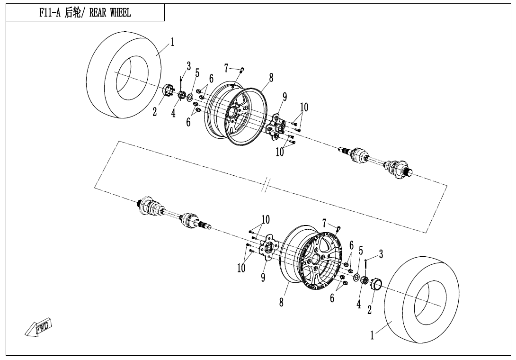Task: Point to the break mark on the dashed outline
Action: pyautogui.click(x=267, y=185)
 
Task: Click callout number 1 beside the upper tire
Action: pyautogui.click(x=172, y=42)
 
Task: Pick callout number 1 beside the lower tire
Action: pyautogui.click(x=372, y=335)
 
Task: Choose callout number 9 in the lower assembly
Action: pyautogui.click(x=263, y=278)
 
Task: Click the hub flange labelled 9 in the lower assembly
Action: pyautogui.click(x=268, y=247)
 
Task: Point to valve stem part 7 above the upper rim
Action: pyautogui.click(x=241, y=70)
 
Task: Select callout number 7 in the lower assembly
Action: pyautogui.click(x=324, y=223)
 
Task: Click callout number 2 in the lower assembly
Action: pyautogui.click(x=369, y=310)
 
